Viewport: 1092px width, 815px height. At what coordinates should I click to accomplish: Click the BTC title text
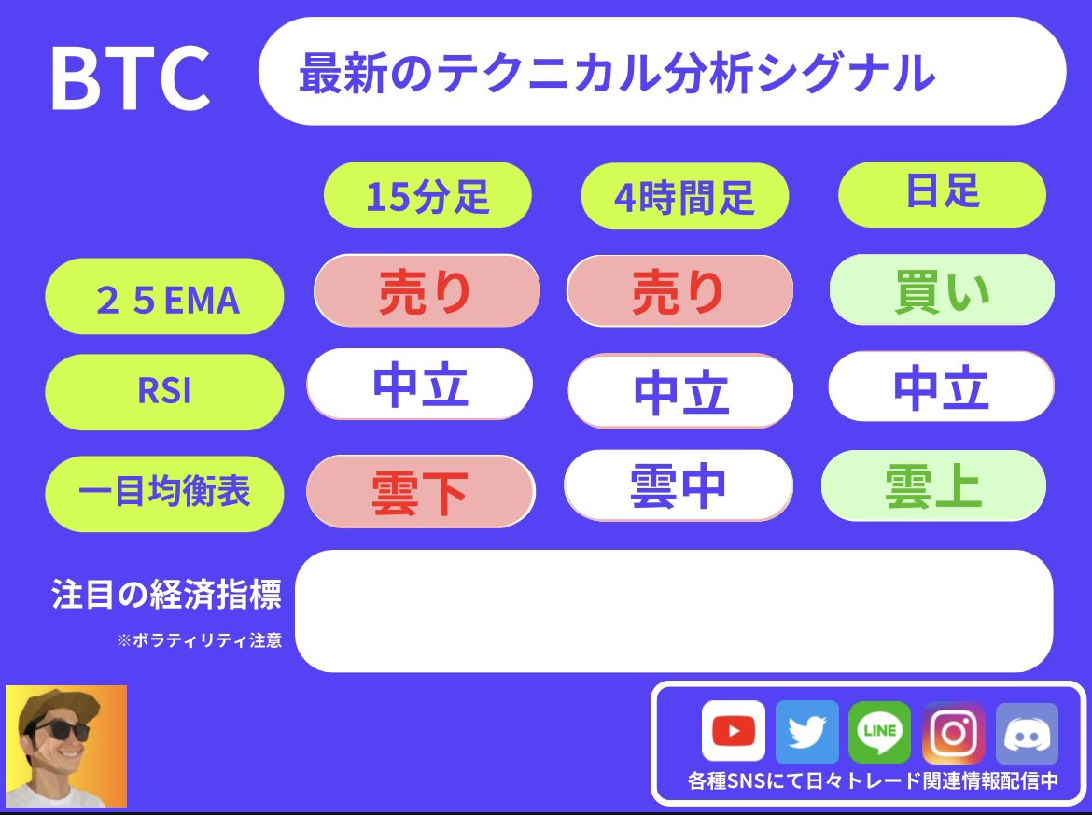[x=130, y=78]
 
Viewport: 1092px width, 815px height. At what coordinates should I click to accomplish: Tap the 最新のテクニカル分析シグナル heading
[x=616, y=73]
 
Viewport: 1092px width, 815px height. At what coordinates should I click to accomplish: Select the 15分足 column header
[x=427, y=196]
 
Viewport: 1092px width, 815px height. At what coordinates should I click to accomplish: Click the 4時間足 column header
[x=684, y=197]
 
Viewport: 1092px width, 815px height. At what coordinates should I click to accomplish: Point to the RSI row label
[x=164, y=391]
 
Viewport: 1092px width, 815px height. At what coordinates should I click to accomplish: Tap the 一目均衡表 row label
[x=164, y=492]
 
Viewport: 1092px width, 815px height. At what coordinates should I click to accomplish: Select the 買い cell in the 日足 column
[x=941, y=291]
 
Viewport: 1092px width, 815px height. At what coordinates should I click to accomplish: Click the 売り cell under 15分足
[x=427, y=292]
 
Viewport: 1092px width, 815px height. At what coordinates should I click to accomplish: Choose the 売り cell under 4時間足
[x=679, y=292]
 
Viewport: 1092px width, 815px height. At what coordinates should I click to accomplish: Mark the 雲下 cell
[x=420, y=491]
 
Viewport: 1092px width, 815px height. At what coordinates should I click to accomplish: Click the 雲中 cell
[x=678, y=486]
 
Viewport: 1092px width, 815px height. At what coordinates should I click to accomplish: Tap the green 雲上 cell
[x=933, y=485]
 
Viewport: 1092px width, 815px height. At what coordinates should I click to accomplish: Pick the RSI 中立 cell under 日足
[x=941, y=387]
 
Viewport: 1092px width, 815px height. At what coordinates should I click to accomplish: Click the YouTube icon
[x=733, y=732]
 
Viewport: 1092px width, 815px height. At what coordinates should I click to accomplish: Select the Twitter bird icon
[x=806, y=732]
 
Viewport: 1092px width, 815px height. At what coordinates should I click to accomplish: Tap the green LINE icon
[x=879, y=732]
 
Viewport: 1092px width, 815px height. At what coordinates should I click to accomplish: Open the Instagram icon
[x=953, y=732]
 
